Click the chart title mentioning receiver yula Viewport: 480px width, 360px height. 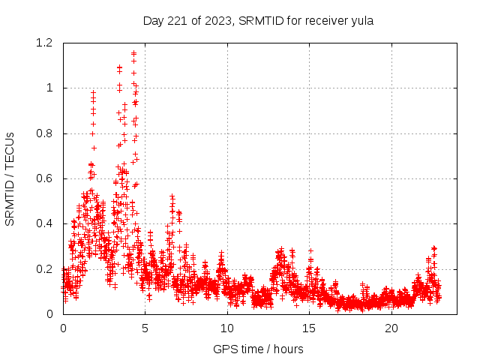point(258,20)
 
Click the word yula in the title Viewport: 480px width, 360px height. point(361,20)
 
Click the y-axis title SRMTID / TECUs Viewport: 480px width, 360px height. point(10,178)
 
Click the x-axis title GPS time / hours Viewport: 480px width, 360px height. point(258,349)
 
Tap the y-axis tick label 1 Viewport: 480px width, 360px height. point(51,88)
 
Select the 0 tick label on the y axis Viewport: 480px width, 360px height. point(51,314)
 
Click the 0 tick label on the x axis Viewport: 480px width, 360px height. point(63,328)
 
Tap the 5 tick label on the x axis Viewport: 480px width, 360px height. point(145,328)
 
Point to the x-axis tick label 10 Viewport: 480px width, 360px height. point(226,328)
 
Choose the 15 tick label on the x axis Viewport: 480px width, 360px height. point(309,328)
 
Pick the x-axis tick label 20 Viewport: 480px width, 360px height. point(391,328)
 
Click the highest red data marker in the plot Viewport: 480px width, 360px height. point(133,53)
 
